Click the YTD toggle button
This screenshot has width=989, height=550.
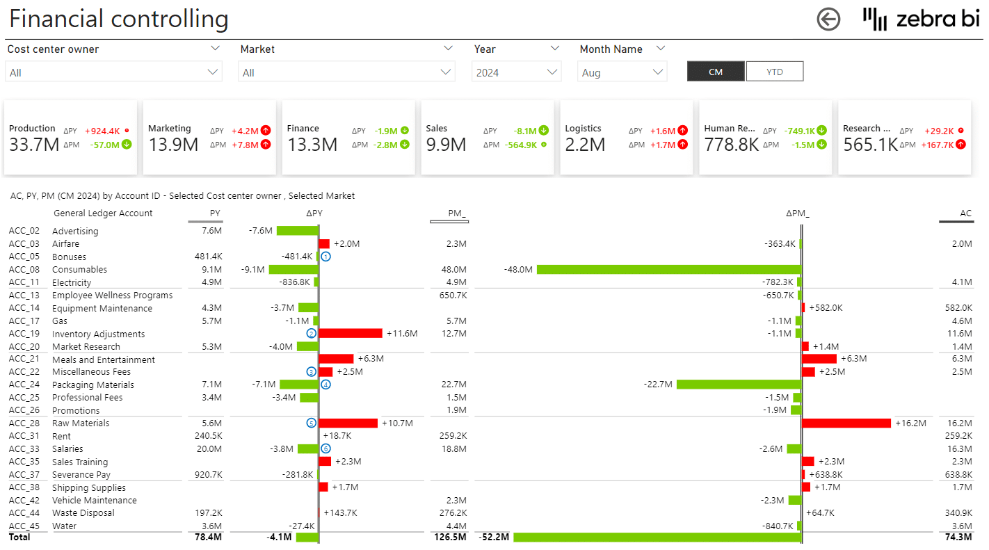(x=774, y=72)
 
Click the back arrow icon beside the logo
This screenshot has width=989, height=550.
(x=828, y=19)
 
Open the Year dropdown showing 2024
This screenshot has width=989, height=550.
(x=517, y=72)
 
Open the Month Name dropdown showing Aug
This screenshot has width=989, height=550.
(x=622, y=72)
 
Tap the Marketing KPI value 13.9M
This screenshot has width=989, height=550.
(x=173, y=145)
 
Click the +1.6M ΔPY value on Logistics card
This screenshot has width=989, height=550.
(x=663, y=131)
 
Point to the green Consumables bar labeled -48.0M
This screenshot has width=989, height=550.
(x=668, y=270)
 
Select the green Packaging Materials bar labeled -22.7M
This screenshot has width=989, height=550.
(x=739, y=385)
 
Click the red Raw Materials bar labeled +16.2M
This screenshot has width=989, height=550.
(x=846, y=423)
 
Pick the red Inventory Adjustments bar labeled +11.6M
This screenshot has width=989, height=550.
(x=350, y=334)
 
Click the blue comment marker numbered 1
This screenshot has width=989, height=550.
(x=325, y=257)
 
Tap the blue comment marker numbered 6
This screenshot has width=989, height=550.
(x=325, y=449)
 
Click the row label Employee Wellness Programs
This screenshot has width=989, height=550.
(x=112, y=296)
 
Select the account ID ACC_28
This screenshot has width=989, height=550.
(x=24, y=423)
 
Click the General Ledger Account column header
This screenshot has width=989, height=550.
(x=103, y=213)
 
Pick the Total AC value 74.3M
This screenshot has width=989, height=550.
(x=959, y=537)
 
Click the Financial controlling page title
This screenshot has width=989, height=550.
(x=119, y=19)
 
